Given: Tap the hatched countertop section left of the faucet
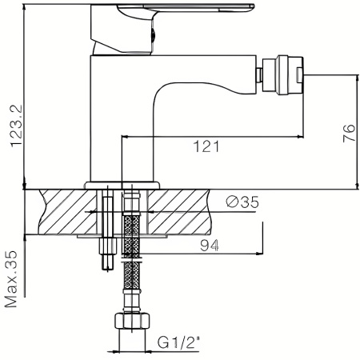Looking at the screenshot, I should click(x=60, y=210).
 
